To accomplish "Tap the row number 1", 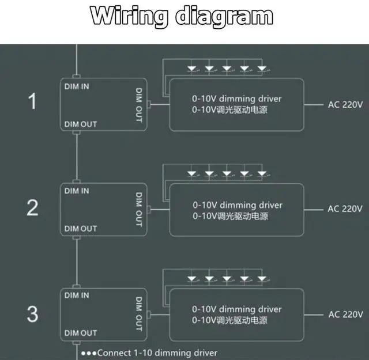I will click(x=33, y=103).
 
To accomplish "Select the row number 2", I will click(x=33, y=208).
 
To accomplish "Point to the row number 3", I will click(x=33, y=314).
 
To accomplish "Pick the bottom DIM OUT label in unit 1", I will click(x=81, y=124).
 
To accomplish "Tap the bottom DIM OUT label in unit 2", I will click(x=81, y=229).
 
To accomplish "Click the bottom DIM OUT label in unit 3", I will click(x=81, y=333).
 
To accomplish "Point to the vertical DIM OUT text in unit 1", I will click(x=139, y=105).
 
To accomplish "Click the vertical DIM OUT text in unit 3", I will click(x=139, y=314).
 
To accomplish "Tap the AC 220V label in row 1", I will click(x=345, y=105).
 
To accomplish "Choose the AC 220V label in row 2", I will click(x=345, y=209).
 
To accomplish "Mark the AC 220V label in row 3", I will click(x=345, y=314).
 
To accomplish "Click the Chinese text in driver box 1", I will click(x=230, y=110).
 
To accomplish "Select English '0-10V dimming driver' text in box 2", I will click(x=238, y=204).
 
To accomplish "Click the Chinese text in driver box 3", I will click(x=230, y=320).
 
